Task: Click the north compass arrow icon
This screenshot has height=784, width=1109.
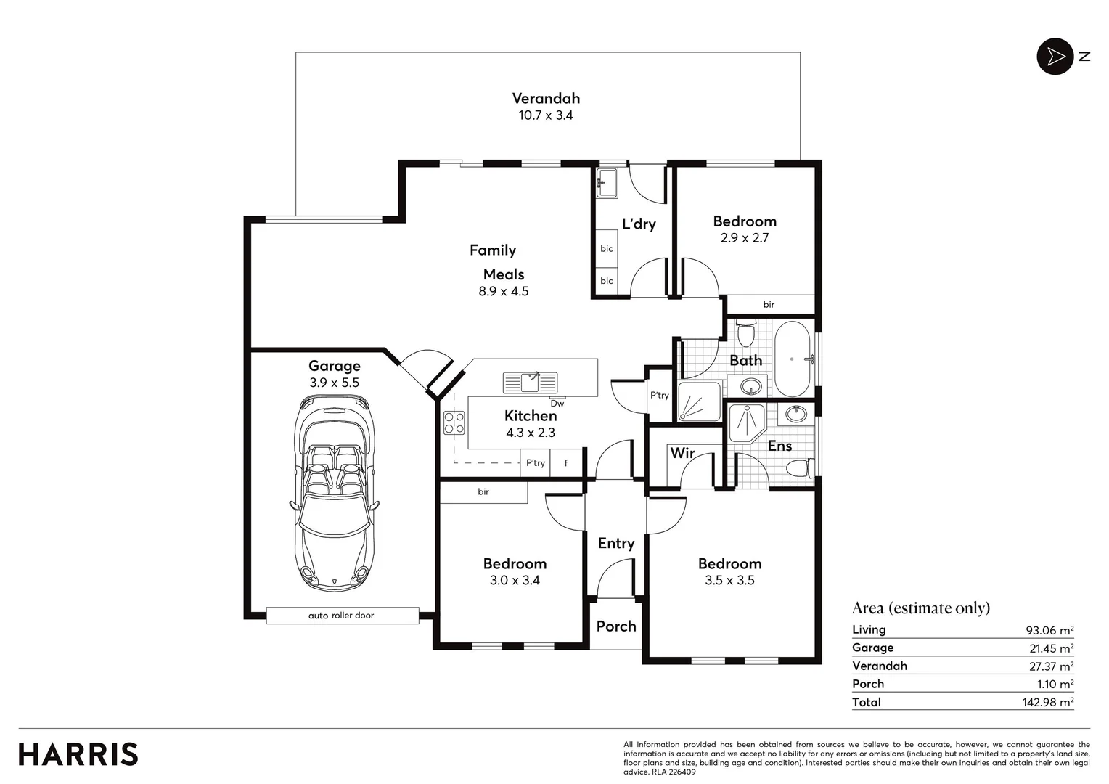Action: point(1055,57)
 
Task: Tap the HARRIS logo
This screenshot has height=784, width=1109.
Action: point(78,754)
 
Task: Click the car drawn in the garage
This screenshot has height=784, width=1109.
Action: point(335,494)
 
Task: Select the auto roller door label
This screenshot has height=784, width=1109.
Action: point(342,616)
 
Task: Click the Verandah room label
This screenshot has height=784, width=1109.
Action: point(546,99)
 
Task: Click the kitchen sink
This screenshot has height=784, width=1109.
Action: point(530,382)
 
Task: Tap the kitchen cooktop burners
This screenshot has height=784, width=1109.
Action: point(454,422)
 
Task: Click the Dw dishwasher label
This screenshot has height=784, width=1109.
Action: point(557,404)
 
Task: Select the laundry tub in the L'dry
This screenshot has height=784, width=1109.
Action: point(607,183)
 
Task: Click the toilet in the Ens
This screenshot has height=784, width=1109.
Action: point(800,467)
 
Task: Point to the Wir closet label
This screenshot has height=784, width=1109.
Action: point(682,453)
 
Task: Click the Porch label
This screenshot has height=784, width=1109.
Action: point(616,626)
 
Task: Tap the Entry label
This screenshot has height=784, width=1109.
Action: point(616,543)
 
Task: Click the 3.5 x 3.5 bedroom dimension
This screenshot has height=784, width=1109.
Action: point(729,580)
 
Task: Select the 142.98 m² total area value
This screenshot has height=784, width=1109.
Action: point(1047,702)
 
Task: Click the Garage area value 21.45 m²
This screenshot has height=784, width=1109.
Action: point(1051,648)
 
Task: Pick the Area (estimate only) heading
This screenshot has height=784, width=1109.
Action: point(921,608)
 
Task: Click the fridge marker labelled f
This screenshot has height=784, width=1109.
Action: point(566,463)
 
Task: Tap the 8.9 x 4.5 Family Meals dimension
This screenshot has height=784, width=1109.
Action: point(504,291)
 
